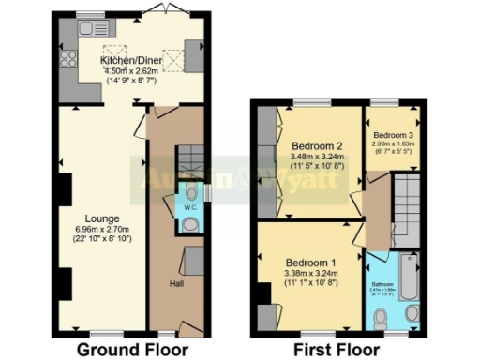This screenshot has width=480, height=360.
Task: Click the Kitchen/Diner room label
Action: coord(132,61)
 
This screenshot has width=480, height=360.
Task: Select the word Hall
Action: coord(176,282)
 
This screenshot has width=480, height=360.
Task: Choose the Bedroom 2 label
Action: coord(316,146)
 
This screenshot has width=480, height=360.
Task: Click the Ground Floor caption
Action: coord(125,350)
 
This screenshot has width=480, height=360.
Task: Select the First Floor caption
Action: coord(337,350)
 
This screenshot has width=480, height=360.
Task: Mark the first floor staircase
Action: coord(407,210)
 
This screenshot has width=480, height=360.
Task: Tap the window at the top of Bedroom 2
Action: coord(308,102)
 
